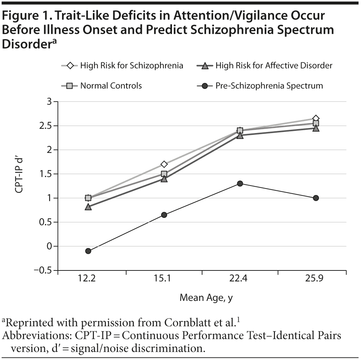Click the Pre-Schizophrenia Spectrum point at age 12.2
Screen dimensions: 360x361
click(x=88, y=251)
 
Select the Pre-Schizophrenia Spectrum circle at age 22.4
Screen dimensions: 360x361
click(x=240, y=183)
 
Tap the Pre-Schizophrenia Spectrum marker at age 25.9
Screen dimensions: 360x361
click(x=316, y=198)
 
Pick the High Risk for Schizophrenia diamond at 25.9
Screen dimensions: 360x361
click(x=316, y=119)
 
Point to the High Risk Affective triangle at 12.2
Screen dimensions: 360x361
click(x=88, y=207)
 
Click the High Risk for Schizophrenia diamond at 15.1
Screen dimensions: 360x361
click(x=164, y=164)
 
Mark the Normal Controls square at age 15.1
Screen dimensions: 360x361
click(x=164, y=174)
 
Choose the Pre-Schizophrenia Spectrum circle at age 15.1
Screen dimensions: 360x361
click(x=164, y=215)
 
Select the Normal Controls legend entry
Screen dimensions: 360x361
click(x=111, y=86)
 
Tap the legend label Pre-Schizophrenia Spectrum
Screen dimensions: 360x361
click(x=269, y=86)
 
